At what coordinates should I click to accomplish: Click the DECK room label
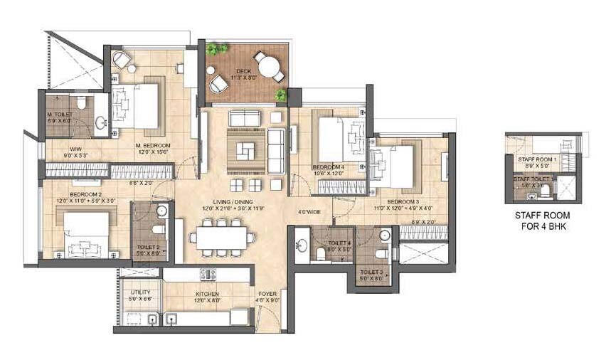[x=244, y=71]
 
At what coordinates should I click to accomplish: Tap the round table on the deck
[x=268, y=68]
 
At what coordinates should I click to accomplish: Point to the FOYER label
[x=268, y=294]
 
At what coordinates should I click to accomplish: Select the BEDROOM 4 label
[x=328, y=168]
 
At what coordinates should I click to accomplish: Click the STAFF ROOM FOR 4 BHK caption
[x=542, y=221]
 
